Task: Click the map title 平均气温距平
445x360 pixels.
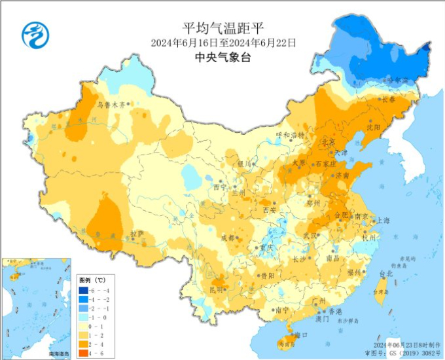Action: pyautogui.click(x=222, y=28)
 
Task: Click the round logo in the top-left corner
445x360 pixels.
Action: pyautogui.click(x=35, y=33)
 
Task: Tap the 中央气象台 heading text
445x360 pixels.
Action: pyautogui.click(x=222, y=58)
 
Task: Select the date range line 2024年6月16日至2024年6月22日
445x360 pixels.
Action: pyautogui.click(x=222, y=43)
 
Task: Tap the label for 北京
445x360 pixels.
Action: pyautogui.click(x=328, y=142)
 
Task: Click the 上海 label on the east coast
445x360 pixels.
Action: pyautogui.click(x=383, y=221)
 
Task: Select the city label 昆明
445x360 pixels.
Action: pyautogui.click(x=217, y=289)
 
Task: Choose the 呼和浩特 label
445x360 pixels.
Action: pyautogui.click(x=290, y=135)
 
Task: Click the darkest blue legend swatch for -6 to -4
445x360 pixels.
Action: pyautogui.click(x=84, y=290)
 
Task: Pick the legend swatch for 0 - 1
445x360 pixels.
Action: pyautogui.click(x=84, y=325)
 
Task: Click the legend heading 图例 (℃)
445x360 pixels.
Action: pyautogui.click(x=92, y=279)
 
